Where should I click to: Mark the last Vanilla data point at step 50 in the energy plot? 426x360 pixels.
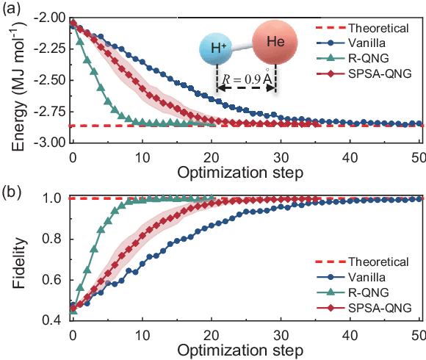pos(419,123)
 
